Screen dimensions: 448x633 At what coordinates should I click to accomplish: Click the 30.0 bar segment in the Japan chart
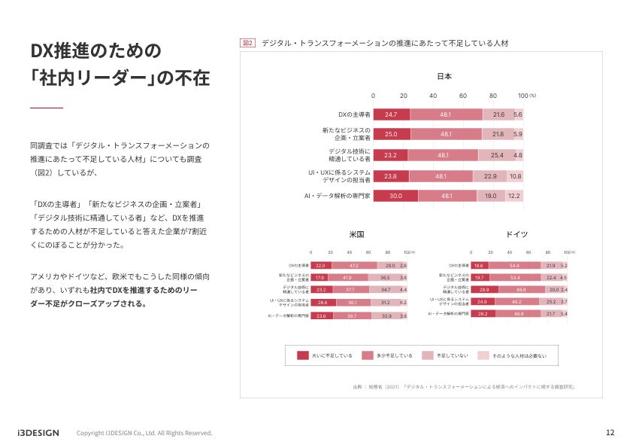395,196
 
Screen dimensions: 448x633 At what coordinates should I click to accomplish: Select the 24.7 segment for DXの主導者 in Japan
391,114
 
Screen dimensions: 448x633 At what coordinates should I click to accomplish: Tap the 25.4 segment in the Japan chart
496,155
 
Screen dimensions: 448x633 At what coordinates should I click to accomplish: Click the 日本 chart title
444,77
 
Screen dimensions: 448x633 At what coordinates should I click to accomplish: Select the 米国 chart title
357,234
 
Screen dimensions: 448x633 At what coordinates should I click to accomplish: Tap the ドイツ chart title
516,234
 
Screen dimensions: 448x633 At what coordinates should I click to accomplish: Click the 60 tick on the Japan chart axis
462,96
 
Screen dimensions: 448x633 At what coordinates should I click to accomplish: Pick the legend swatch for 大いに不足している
303,355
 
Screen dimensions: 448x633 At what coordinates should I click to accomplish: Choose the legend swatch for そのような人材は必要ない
483,355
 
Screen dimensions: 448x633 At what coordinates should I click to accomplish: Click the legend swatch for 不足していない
428,355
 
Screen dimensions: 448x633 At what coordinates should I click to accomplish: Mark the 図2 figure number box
247,44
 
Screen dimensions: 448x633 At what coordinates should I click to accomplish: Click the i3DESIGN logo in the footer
38,433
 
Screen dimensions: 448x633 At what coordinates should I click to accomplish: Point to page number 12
610,433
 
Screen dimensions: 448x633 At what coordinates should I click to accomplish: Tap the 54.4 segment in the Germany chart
514,266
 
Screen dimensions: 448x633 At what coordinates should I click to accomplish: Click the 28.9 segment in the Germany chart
483,289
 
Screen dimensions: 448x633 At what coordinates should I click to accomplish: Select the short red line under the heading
47,108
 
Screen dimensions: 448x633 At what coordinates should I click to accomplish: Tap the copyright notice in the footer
144,433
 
